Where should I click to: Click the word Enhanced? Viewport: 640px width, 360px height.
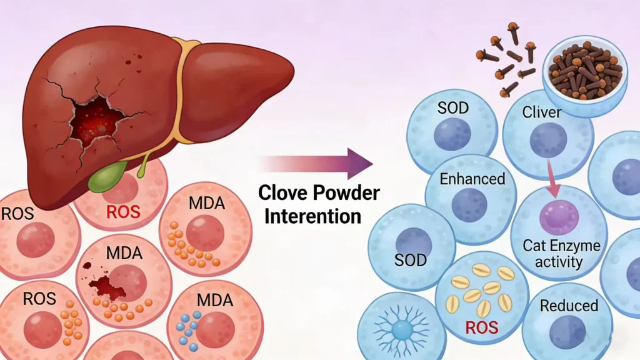click(472, 179)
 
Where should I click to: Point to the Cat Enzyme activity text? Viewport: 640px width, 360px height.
click(561, 253)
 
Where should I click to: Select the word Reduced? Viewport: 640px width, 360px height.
click(569, 306)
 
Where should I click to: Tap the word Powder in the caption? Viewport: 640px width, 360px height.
click(347, 192)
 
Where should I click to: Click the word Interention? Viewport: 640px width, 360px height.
click(312, 216)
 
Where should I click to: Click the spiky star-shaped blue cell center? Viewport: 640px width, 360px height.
click(402, 327)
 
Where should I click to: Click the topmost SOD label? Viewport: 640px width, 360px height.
click(452, 107)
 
